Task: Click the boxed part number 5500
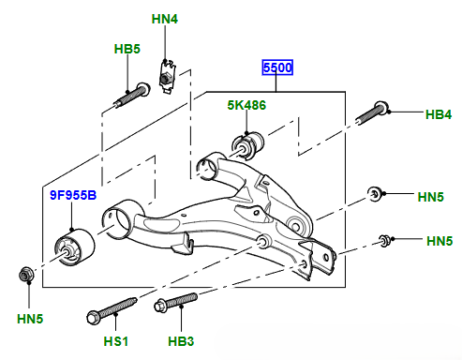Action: click(277, 67)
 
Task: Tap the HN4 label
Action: click(165, 19)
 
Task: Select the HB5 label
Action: click(127, 49)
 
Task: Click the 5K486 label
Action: click(246, 105)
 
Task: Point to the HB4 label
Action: click(439, 114)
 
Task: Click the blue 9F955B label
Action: click(73, 195)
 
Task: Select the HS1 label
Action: click(116, 341)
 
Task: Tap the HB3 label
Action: click(181, 341)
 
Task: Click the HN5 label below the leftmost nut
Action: click(30, 319)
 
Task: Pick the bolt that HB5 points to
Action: click(132, 95)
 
